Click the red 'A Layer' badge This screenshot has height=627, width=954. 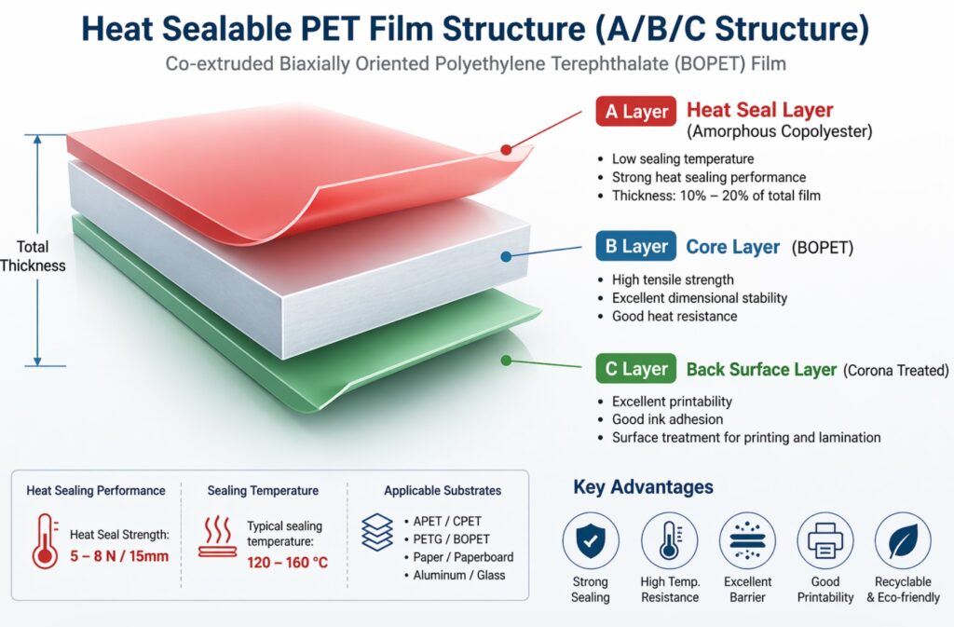pyautogui.click(x=636, y=113)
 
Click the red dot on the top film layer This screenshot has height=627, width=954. pyautogui.click(x=506, y=149)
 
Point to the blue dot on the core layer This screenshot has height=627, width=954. pyautogui.click(x=506, y=256)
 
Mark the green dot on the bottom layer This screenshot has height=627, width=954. pyautogui.click(x=506, y=360)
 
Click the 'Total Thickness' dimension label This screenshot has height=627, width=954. pyautogui.click(x=33, y=256)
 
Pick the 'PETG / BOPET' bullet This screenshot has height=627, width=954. pyautogui.click(x=452, y=539)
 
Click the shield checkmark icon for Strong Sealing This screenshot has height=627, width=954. pyautogui.click(x=590, y=540)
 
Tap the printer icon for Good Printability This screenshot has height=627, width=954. pyautogui.click(x=825, y=540)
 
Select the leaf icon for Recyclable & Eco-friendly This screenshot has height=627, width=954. pyautogui.click(x=903, y=540)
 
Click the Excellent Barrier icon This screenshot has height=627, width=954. pyautogui.click(x=747, y=540)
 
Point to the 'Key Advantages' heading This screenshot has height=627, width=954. pyautogui.click(x=643, y=487)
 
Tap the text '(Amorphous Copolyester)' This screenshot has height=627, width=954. pyautogui.click(x=779, y=132)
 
